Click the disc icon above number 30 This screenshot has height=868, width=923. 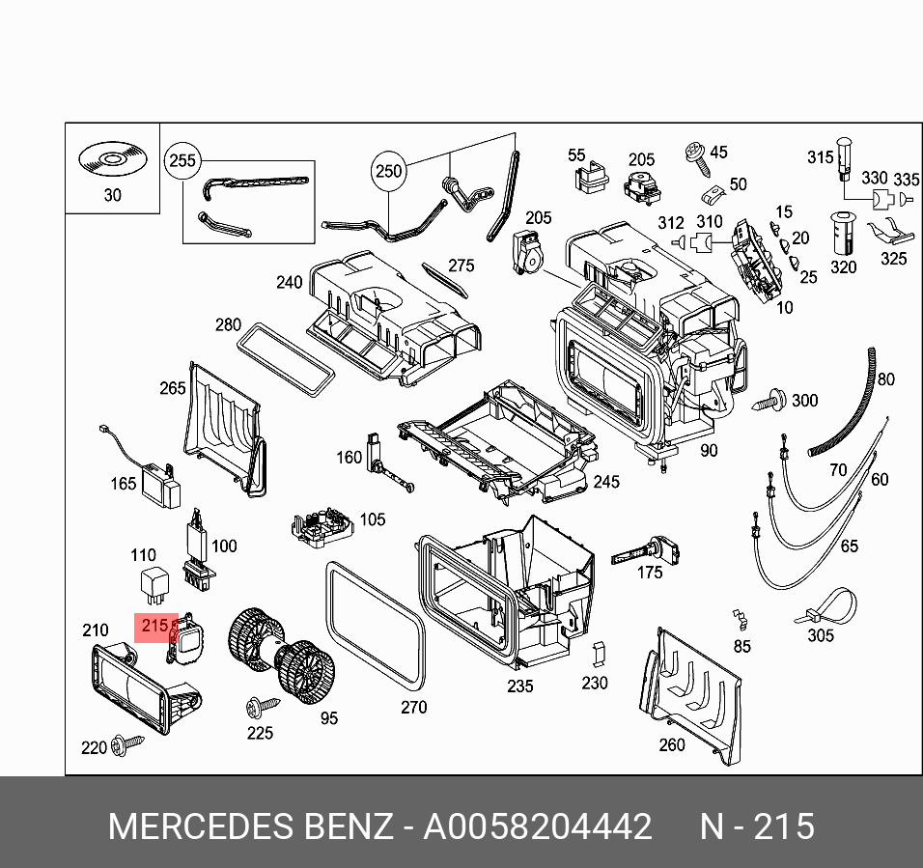coord(111,159)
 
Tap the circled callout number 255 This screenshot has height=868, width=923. coord(182,160)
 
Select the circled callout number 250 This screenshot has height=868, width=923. coord(387,172)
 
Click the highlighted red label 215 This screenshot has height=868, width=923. coord(154,627)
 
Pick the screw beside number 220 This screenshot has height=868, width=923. coord(126,743)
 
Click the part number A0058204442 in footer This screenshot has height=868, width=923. coord(538,827)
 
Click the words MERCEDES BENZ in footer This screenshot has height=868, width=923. coord(250,827)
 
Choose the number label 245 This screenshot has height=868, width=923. coord(606,482)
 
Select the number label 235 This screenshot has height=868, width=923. coord(519,686)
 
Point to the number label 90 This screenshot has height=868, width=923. coord(709,450)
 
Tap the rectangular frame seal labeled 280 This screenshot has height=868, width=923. coord(286,360)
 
